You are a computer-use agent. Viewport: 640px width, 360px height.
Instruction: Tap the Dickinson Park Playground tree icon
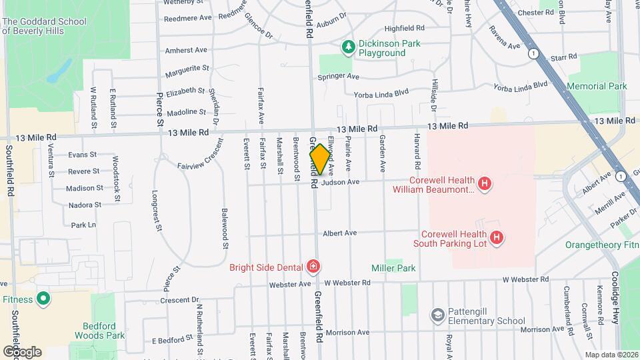click(x=347, y=47)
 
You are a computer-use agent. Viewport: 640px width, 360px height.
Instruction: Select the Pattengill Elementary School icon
click(x=437, y=315)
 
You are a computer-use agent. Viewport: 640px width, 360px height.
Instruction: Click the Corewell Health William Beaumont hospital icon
click(x=485, y=183)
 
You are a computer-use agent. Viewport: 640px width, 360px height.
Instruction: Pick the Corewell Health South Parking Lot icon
click(x=496, y=237)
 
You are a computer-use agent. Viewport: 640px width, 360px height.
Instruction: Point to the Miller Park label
click(x=393, y=268)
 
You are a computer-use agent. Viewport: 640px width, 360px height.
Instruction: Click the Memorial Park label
click(x=597, y=87)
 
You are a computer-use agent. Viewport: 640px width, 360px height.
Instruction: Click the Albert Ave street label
click(x=340, y=233)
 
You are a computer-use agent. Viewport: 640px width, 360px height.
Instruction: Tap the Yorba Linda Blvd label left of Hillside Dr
click(x=381, y=94)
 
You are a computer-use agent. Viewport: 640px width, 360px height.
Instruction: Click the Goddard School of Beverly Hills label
click(x=45, y=27)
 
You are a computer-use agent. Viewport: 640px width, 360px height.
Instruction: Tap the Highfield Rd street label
click(x=405, y=29)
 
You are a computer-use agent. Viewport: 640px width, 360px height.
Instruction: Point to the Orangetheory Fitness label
click(x=603, y=245)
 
